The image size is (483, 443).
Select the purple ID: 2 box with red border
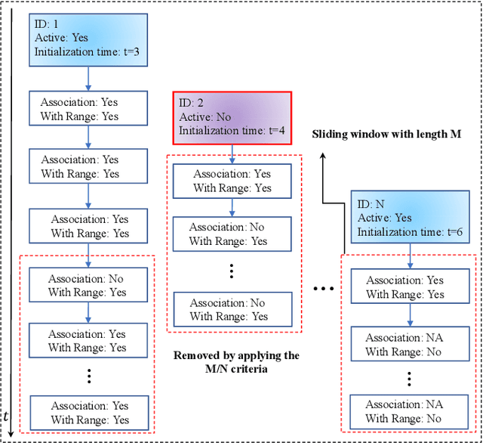[231, 116]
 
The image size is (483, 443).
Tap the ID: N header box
[411, 217]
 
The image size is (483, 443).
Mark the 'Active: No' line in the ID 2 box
[205, 117]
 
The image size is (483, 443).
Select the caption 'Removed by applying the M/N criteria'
[236, 362]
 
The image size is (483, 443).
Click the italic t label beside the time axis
[7, 417]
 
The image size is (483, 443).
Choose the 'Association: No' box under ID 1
[88, 285]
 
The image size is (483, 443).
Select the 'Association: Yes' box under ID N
[410, 287]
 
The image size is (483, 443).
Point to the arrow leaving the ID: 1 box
[88, 79]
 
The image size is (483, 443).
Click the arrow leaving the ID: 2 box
[232, 151]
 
